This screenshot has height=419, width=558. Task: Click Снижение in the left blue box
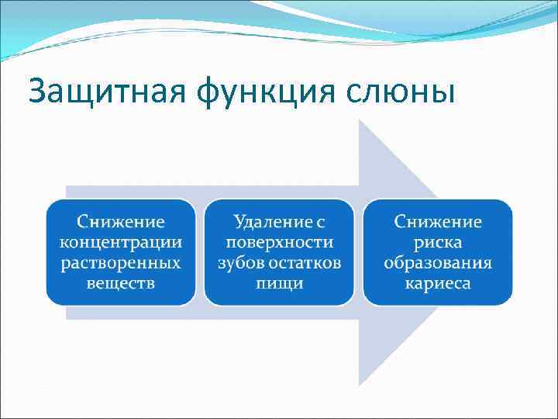(x=120, y=222)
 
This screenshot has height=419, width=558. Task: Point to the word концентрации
(x=120, y=242)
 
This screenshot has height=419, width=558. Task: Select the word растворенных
(x=120, y=262)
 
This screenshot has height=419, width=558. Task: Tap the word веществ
(x=120, y=282)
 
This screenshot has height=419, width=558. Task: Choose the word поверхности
(x=279, y=242)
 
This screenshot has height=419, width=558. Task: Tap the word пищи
(x=279, y=282)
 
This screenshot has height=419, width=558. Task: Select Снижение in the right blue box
(x=438, y=222)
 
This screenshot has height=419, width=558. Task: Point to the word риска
(x=438, y=242)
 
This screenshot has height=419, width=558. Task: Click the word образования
(x=438, y=262)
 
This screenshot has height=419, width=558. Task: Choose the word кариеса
(x=438, y=282)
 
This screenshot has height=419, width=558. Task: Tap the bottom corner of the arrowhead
(x=360, y=386)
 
